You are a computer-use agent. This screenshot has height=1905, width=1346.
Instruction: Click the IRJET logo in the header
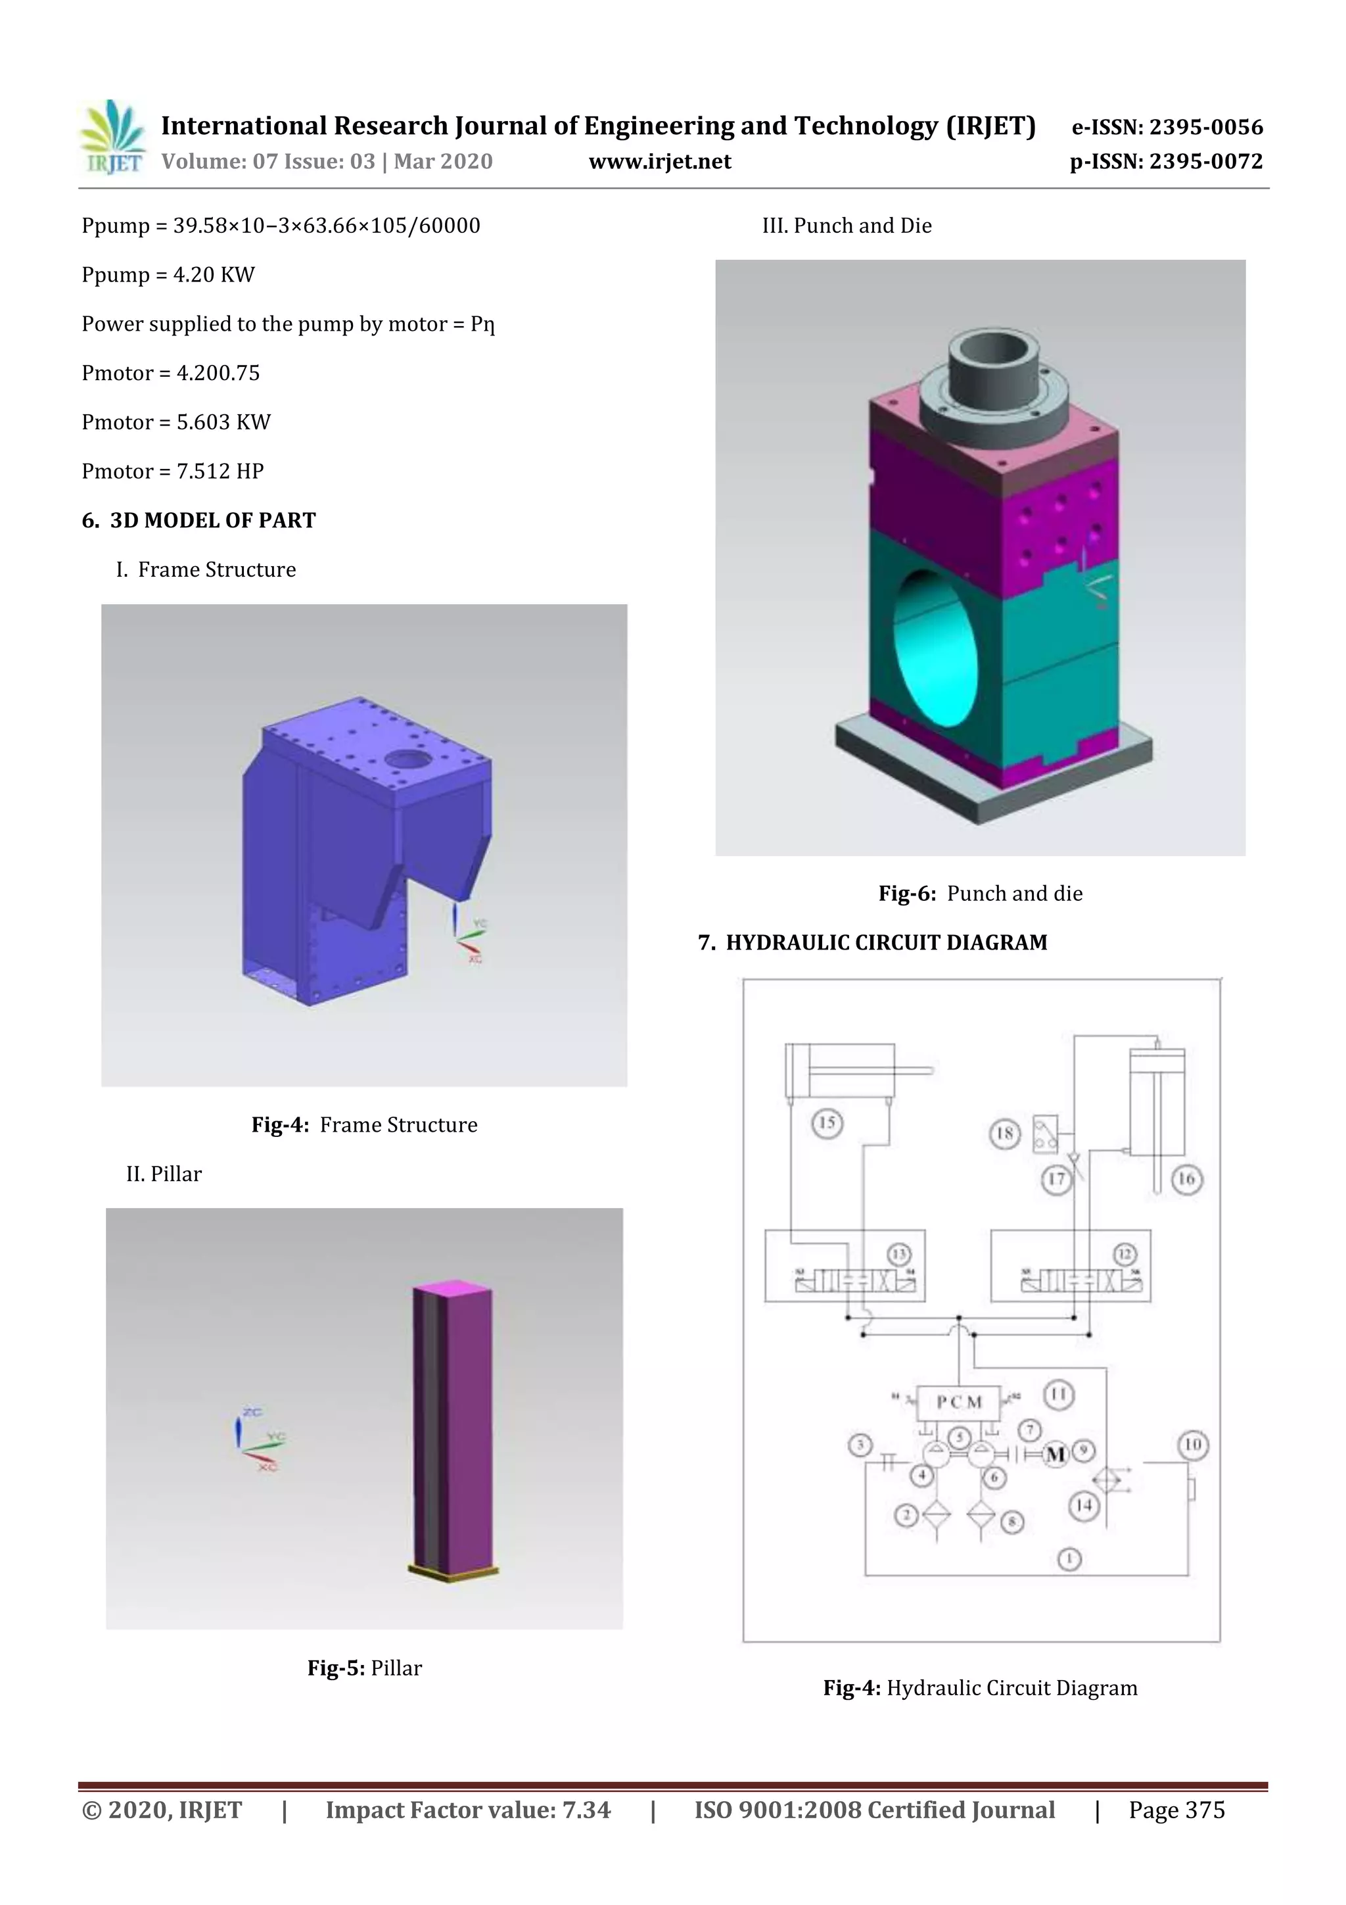click(112, 137)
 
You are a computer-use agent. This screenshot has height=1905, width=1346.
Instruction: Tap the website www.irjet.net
click(659, 162)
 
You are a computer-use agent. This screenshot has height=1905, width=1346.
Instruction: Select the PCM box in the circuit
click(959, 1401)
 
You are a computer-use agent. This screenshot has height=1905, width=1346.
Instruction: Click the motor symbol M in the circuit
click(1055, 1454)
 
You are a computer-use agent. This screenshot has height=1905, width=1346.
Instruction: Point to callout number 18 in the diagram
click(1004, 1134)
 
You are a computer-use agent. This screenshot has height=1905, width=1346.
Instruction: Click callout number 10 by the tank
click(1193, 1445)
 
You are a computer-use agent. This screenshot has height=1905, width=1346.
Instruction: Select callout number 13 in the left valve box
click(899, 1254)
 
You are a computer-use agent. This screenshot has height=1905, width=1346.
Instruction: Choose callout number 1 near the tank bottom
click(1070, 1559)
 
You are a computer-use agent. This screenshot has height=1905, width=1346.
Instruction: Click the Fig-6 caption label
click(907, 894)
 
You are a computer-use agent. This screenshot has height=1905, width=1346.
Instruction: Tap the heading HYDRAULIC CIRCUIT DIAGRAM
click(886, 942)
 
